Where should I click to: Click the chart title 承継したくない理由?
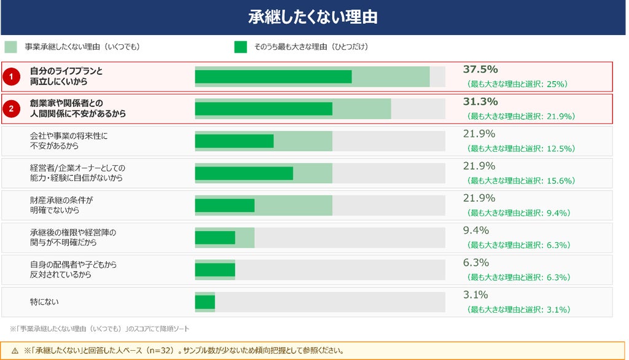(x=313, y=17)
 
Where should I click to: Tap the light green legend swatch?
(x=11, y=47)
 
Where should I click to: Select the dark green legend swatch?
(x=241, y=47)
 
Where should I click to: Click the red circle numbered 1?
(x=11, y=76)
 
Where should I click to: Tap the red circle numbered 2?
(x=11, y=109)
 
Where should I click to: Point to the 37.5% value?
(x=480, y=69)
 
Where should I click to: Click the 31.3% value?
(x=480, y=101)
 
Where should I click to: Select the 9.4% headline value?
(x=476, y=230)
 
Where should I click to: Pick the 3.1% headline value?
(x=475, y=295)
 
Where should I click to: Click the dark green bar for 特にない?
(x=205, y=302)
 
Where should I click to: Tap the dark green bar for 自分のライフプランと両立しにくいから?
(x=273, y=77)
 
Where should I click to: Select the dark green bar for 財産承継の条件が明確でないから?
(x=225, y=205)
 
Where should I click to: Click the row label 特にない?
(x=44, y=302)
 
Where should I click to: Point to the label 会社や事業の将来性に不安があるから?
(x=69, y=141)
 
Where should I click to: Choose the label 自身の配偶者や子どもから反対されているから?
(x=73, y=269)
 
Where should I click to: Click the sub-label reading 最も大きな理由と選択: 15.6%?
(x=521, y=181)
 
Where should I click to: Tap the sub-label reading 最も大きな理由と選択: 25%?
(x=517, y=84)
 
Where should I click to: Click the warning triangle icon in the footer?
(x=15, y=351)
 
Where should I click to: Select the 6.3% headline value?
(x=476, y=262)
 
